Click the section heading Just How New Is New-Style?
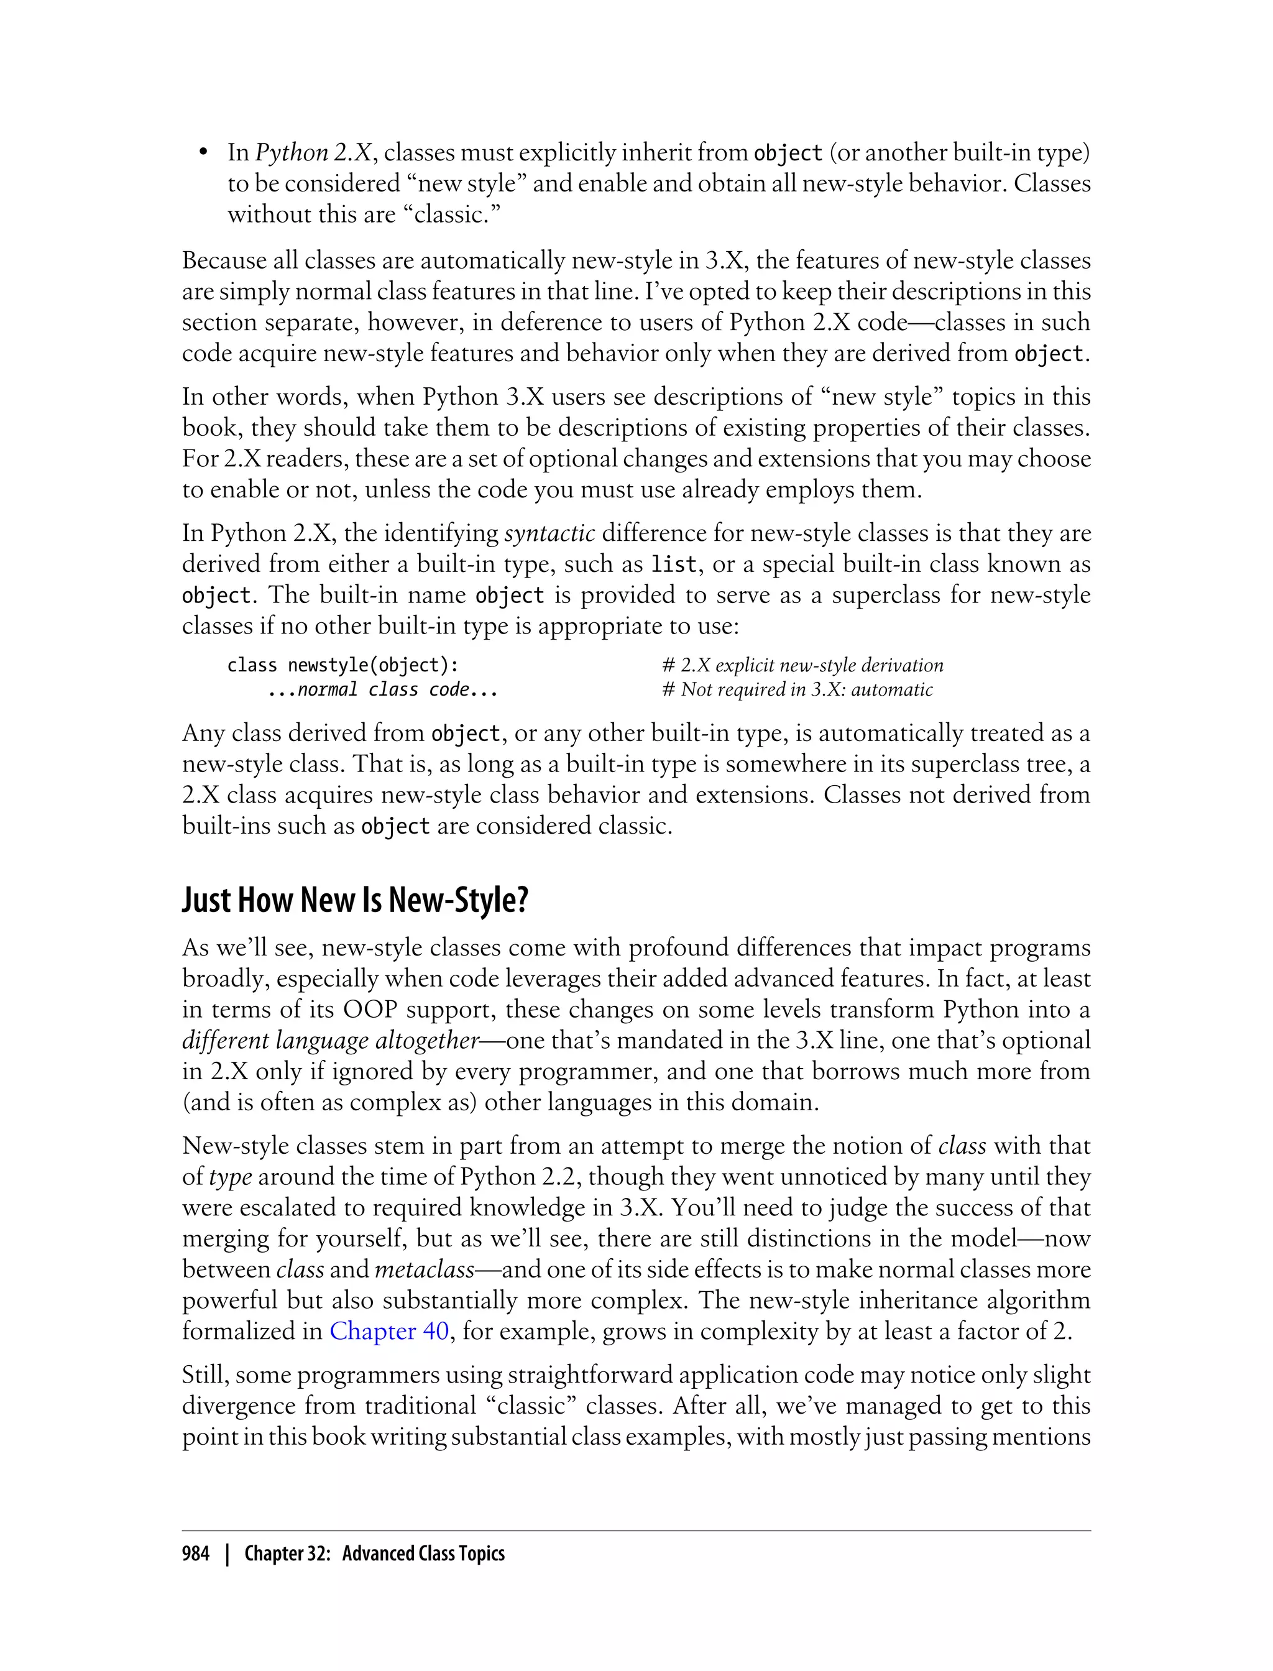(x=355, y=900)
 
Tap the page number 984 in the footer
(x=196, y=1553)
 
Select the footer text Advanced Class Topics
(x=423, y=1553)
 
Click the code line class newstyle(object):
(x=342, y=665)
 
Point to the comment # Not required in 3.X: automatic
(x=797, y=689)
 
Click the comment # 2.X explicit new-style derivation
(x=802, y=665)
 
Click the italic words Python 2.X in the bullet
(x=313, y=152)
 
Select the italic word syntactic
(x=549, y=533)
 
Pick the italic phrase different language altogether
(x=331, y=1040)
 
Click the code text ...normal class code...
(x=383, y=689)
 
